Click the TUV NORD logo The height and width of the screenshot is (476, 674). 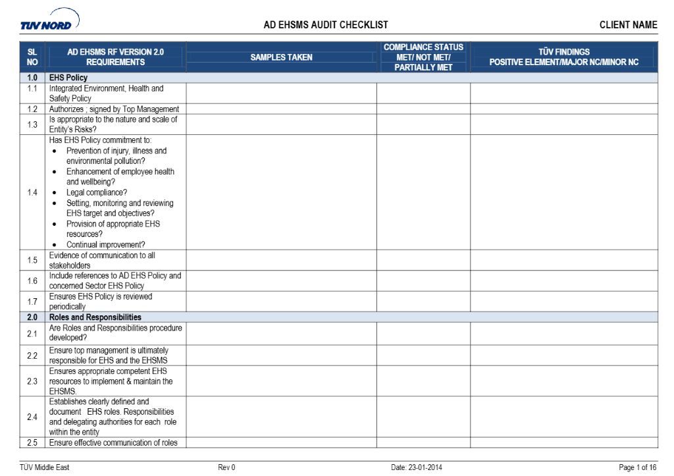(x=49, y=21)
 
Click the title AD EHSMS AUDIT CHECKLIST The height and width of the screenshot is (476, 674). (x=326, y=25)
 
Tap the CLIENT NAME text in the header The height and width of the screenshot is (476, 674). (x=628, y=25)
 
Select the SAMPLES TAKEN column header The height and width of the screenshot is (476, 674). (x=281, y=57)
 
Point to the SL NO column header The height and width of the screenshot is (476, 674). (x=32, y=57)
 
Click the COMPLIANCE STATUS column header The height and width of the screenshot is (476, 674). (x=423, y=57)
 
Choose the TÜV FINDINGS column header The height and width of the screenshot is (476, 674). (x=563, y=57)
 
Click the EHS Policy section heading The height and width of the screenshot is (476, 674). (x=68, y=78)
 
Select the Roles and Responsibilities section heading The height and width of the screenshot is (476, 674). (x=95, y=317)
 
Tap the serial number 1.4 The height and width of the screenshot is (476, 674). (x=32, y=192)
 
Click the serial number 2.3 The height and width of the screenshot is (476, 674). (x=32, y=381)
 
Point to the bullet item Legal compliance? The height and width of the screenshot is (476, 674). (x=97, y=192)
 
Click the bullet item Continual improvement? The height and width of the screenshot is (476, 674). (x=106, y=245)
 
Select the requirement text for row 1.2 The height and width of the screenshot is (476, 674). (x=114, y=109)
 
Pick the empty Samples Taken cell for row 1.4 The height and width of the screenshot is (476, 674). (x=281, y=192)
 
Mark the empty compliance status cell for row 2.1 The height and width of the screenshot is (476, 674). (x=423, y=333)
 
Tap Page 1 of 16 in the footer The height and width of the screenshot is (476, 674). (x=637, y=467)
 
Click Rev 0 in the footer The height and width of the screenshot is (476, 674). (x=226, y=467)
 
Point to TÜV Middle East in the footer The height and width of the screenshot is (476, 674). (x=44, y=467)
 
